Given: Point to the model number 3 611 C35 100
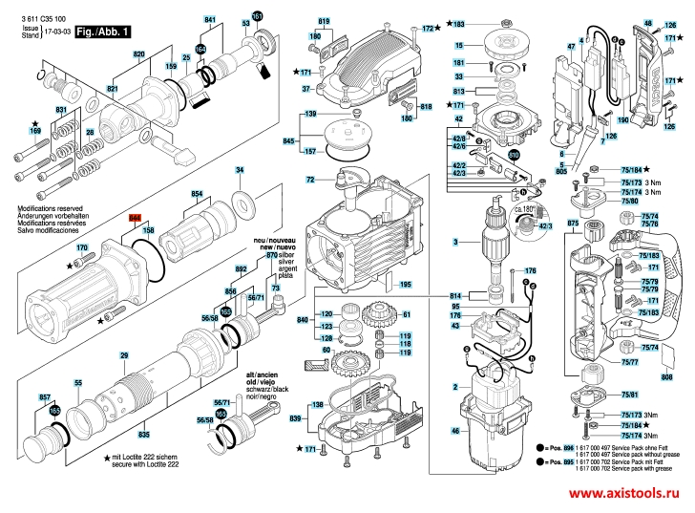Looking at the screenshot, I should click(x=35, y=19).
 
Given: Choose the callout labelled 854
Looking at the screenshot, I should click(x=198, y=193).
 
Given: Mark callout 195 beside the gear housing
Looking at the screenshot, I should click(x=405, y=285).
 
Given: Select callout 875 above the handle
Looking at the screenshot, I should click(x=573, y=224).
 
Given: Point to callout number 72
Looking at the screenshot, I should click(x=310, y=180).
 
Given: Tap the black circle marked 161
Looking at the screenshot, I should click(x=257, y=17).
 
